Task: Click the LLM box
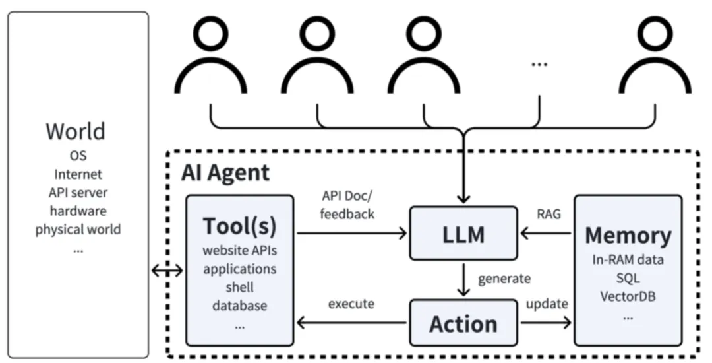click(x=463, y=233)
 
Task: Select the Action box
click(x=463, y=323)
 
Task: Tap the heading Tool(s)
click(x=239, y=226)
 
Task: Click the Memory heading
click(x=628, y=236)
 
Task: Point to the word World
click(x=75, y=131)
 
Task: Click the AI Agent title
click(x=225, y=172)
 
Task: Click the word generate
click(x=504, y=279)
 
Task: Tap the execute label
click(x=351, y=304)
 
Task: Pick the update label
click(x=547, y=304)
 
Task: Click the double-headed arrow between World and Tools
click(x=167, y=271)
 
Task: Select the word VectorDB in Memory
click(x=628, y=296)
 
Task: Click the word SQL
click(x=628, y=278)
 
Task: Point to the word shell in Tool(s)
click(x=240, y=287)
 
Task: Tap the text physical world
click(x=78, y=230)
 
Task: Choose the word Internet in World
click(x=78, y=174)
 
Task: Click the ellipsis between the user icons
click(x=539, y=64)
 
